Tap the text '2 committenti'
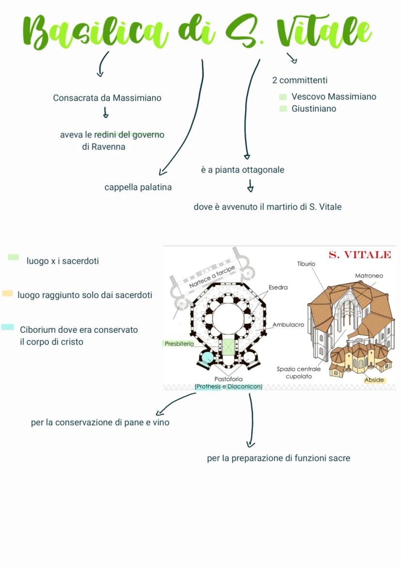(x=300, y=80)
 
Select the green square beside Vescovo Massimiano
(x=283, y=97)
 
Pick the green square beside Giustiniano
(x=283, y=109)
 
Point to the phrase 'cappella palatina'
(x=138, y=187)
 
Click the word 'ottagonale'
(x=263, y=170)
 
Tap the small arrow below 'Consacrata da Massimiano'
(x=105, y=113)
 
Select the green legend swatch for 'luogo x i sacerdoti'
(x=14, y=257)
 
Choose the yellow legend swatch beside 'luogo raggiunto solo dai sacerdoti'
(x=7, y=293)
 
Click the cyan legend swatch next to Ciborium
(x=8, y=327)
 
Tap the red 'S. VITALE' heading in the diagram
(x=359, y=255)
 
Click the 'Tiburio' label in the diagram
(x=306, y=264)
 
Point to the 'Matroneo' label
(x=369, y=276)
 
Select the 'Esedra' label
(x=278, y=287)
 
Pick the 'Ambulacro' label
(x=288, y=325)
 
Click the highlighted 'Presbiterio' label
(x=179, y=344)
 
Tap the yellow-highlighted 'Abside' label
(x=374, y=380)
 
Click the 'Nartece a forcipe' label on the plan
(x=212, y=277)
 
